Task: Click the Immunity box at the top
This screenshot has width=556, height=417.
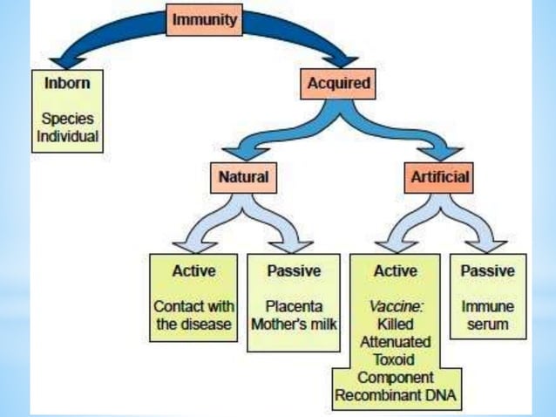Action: [203, 21]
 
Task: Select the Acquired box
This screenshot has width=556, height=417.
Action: [339, 84]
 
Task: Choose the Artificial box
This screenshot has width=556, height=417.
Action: [439, 178]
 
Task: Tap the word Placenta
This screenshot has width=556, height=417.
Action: [293, 307]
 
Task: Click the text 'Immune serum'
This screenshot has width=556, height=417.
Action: [487, 316]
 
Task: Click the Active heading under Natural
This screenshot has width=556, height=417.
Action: [193, 271]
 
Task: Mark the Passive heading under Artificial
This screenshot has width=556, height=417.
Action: [487, 271]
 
